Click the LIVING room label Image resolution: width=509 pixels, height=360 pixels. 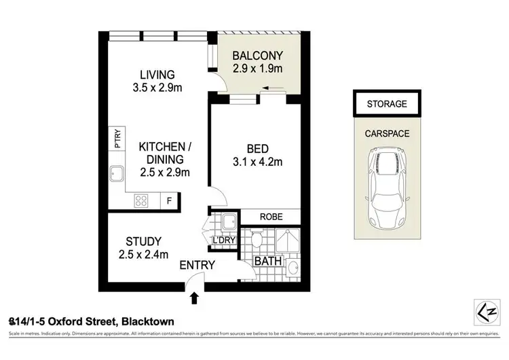pyautogui.click(x=157, y=74)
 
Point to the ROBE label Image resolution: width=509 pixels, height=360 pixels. pyautogui.click(x=270, y=217)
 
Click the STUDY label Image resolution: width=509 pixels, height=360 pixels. pyautogui.click(x=143, y=240)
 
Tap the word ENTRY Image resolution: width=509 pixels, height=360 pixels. pyautogui.click(x=198, y=265)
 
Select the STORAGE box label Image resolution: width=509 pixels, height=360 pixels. pyautogui.click(x=386, y=104)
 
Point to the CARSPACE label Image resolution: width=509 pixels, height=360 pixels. pyautogui.click(x=386, y=134)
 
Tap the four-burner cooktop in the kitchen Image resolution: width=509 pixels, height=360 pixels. pyautogui.click(x=142, y=200)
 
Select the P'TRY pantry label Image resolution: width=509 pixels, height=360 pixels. pyautogui.click(x=117, y=140)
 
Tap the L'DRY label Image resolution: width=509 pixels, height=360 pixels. pyautogui.click(x=223, y=240)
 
